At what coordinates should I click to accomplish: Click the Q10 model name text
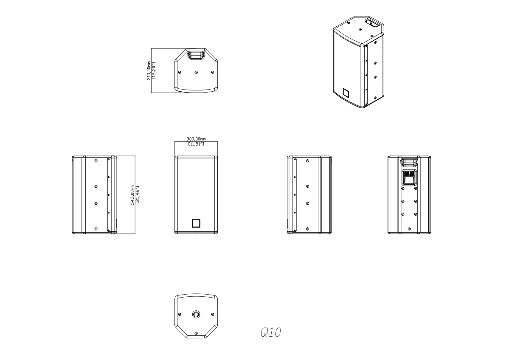click(271, 332)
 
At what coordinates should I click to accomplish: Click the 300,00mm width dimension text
click(196, 139)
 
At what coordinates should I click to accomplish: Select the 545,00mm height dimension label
click(132, 195)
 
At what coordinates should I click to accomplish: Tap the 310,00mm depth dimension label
click(149, 70)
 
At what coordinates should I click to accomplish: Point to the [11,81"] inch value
click(196, 143)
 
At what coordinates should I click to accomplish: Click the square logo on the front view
click(196, 223)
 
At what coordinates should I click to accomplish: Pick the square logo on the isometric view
click(346, 93)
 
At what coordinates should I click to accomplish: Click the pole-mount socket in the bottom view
click(196, 314)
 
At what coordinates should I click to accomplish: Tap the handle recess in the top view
click(196, 54)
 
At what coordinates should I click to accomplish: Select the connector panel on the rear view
click(409, 177)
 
